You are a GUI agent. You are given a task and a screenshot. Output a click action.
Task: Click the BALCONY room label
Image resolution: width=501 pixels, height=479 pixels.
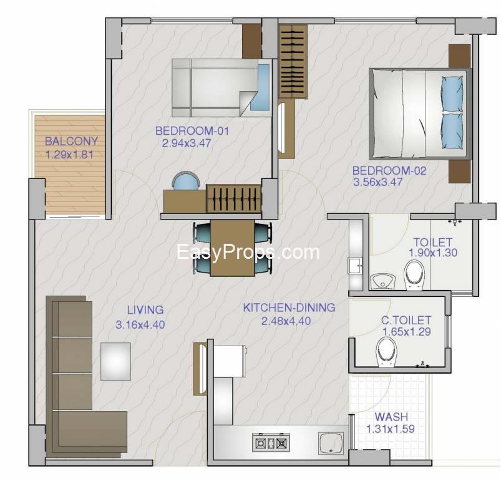[71, 141]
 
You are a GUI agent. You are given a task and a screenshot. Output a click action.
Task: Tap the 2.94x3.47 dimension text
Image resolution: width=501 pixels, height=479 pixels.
[187, 143]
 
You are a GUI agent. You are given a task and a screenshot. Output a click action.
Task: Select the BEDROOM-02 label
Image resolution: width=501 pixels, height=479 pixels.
[389, 170]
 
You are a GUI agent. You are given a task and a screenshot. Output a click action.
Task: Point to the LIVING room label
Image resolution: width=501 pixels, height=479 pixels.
[145, 310]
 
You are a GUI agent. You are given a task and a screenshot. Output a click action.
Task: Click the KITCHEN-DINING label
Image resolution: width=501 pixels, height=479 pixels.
[289, 307]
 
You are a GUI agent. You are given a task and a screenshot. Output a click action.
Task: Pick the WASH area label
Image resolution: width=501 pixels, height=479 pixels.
[391, 417]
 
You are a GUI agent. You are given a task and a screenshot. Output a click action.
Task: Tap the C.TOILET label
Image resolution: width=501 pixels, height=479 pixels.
[406, 320]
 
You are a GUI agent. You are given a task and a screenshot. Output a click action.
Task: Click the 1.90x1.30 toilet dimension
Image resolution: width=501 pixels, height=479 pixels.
[433, 253]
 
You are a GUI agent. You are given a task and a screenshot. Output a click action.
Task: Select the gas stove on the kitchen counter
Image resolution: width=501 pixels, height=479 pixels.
[271, 443]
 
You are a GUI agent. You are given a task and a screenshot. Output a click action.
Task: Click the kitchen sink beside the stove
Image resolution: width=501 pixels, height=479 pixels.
[331, 443]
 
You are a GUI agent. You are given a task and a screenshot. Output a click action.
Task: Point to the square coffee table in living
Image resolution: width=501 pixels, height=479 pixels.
[115, 362]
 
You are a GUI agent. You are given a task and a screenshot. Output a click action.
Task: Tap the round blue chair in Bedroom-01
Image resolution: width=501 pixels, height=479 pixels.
[186, 181]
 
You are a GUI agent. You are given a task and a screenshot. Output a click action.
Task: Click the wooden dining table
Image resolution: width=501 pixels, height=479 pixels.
[232, 248]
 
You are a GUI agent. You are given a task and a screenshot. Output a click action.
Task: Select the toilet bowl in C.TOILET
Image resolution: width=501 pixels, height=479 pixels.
[387, 353]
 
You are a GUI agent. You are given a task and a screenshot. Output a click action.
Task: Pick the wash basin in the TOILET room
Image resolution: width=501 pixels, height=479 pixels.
[382, 281]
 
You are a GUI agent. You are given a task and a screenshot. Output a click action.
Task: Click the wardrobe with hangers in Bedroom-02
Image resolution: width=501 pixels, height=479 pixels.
[293, 61]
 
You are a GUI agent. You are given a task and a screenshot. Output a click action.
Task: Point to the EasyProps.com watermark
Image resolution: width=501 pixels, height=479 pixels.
[248, 252]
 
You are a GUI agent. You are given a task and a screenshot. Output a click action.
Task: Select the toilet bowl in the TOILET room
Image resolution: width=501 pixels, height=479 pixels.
[414, 275]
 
